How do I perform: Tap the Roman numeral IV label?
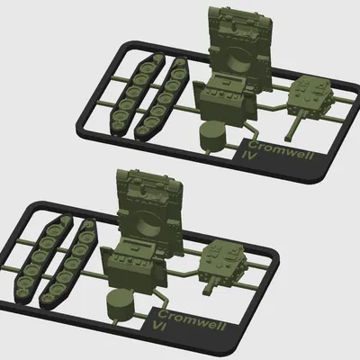pyautogui.click(x=251, y=156)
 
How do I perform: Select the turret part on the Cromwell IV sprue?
pyautogui.click(x=311, y=96)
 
